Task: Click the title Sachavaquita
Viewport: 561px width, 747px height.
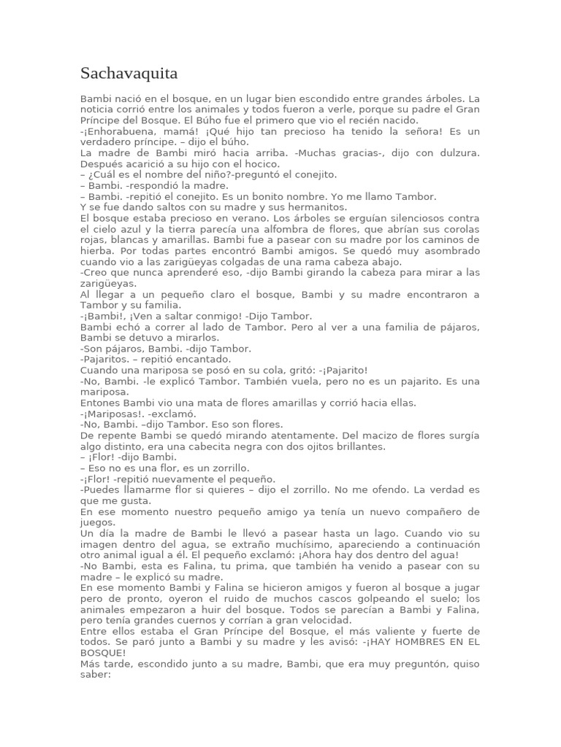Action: tap(129, 74)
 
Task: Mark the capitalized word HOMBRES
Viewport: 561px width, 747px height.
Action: tap(413, 641)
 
